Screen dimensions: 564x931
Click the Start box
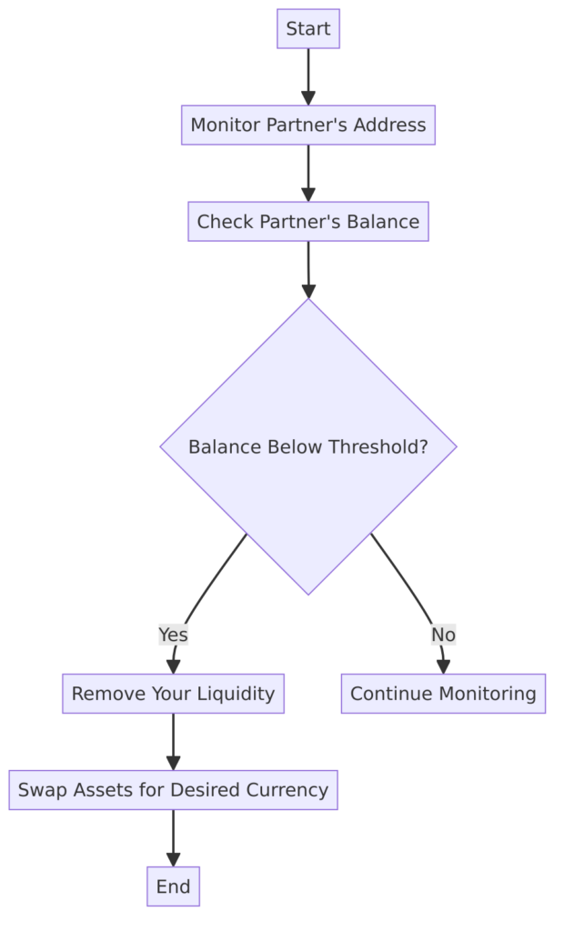[x=307, y=28]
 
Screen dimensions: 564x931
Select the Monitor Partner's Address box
[x=307, y=125]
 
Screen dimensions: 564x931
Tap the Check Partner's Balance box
[x=307, y=222]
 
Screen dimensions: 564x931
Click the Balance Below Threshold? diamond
[x=307, y=446]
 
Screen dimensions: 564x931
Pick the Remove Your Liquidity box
[x=173, y=694]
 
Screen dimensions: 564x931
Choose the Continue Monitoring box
[x=443, y=694]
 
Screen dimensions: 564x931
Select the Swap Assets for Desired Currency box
[x=173, y=790]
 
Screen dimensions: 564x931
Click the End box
[x=173, y=886]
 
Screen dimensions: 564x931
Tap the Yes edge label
[x=173, y=635]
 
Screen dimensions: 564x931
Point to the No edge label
[x=443, y=635]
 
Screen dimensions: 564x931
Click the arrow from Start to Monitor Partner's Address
[x=307, y=77]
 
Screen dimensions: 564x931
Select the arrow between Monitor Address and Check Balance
[x=307, y=174]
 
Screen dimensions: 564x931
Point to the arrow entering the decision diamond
[x=307, y=270]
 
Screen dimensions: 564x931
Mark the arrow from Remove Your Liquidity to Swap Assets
[x=173, y=742]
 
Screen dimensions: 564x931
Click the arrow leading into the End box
[x=173, y=838]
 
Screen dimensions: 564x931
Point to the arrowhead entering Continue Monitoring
[x=443, y=666]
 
